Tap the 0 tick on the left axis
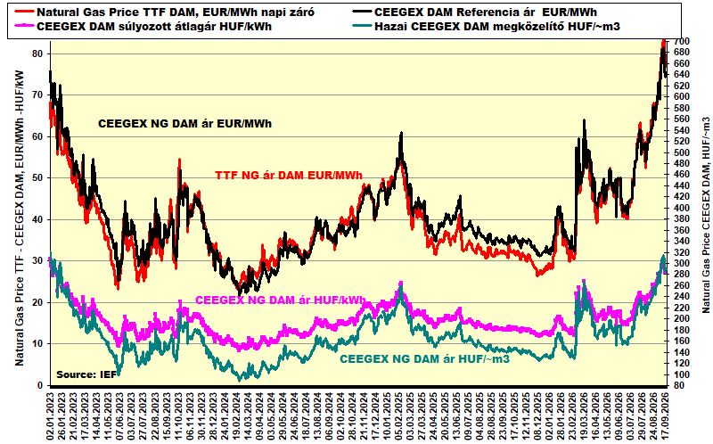click(40, 385)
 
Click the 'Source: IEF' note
click(86, 374)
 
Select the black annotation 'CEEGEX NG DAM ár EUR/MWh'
click(185, 124)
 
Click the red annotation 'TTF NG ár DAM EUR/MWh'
click(289, 175)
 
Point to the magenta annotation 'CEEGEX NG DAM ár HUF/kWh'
click(281, 300)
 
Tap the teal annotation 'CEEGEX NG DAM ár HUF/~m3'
click(425, 359)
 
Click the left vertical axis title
click(20, 218)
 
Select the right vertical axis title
click(705, 215)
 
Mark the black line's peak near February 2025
click(401, 132)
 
